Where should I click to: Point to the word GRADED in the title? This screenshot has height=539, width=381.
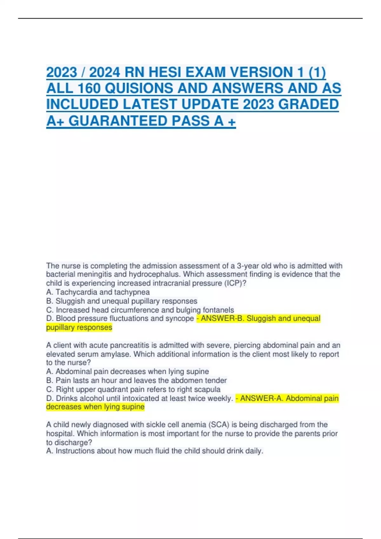point(313,104)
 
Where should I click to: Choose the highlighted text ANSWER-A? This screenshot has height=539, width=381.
point(262,398)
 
